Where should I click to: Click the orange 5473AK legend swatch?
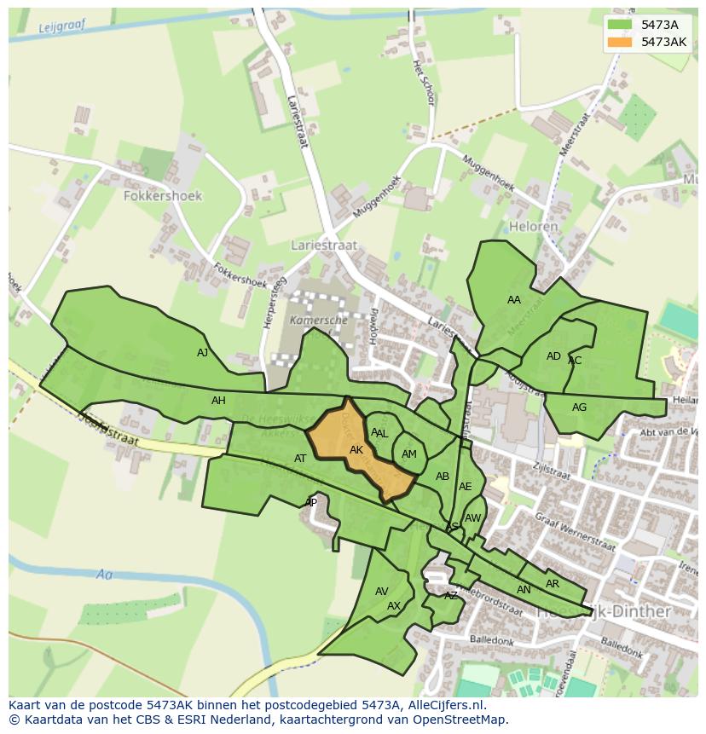pos(622,42)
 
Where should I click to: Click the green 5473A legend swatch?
pos(622,25)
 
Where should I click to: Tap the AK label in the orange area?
pos(356,450)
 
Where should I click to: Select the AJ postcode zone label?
pos(202,353)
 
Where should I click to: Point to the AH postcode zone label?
pos(218,401)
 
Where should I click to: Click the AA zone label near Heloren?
pos(513,300)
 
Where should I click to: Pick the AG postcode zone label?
pos(579,407)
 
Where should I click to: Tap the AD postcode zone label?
pos(553,356)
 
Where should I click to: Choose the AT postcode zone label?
pos(300,459)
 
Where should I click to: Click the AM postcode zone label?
pos(409,454)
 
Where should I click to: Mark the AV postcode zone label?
pos(382,592)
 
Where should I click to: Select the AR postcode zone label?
pos(553,584)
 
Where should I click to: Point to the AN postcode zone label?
pos(524,590)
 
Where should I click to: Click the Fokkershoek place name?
pos(163,196)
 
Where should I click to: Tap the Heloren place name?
pos(533,227)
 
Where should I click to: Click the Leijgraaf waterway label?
pos(63,27)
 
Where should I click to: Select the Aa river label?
pos(104,575)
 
